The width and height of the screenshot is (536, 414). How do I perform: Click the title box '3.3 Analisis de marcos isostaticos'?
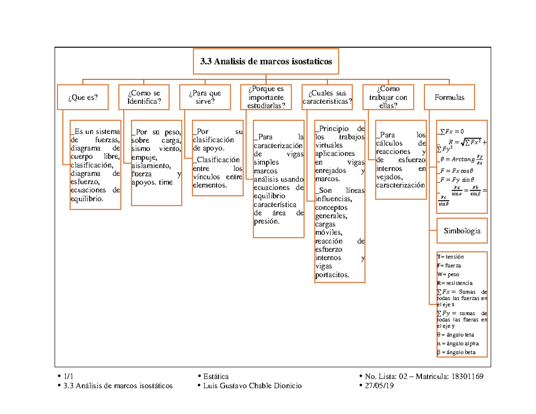266,62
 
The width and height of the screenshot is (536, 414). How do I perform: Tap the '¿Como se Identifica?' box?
144,97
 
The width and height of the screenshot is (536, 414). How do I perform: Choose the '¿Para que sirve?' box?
205,97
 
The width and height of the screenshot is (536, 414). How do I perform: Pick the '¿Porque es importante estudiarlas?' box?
266,97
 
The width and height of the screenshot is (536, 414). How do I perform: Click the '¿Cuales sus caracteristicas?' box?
327,97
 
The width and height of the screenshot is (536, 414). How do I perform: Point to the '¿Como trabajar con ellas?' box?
388,97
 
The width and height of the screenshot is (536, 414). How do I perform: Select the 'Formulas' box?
449,97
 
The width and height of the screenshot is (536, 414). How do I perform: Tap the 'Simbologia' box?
462,231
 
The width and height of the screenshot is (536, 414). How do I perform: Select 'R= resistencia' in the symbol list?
454,283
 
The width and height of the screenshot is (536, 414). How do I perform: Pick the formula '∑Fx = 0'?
451,130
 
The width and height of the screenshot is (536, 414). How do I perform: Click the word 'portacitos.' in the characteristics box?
332,275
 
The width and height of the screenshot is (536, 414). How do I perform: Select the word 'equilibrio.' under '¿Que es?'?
87,198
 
